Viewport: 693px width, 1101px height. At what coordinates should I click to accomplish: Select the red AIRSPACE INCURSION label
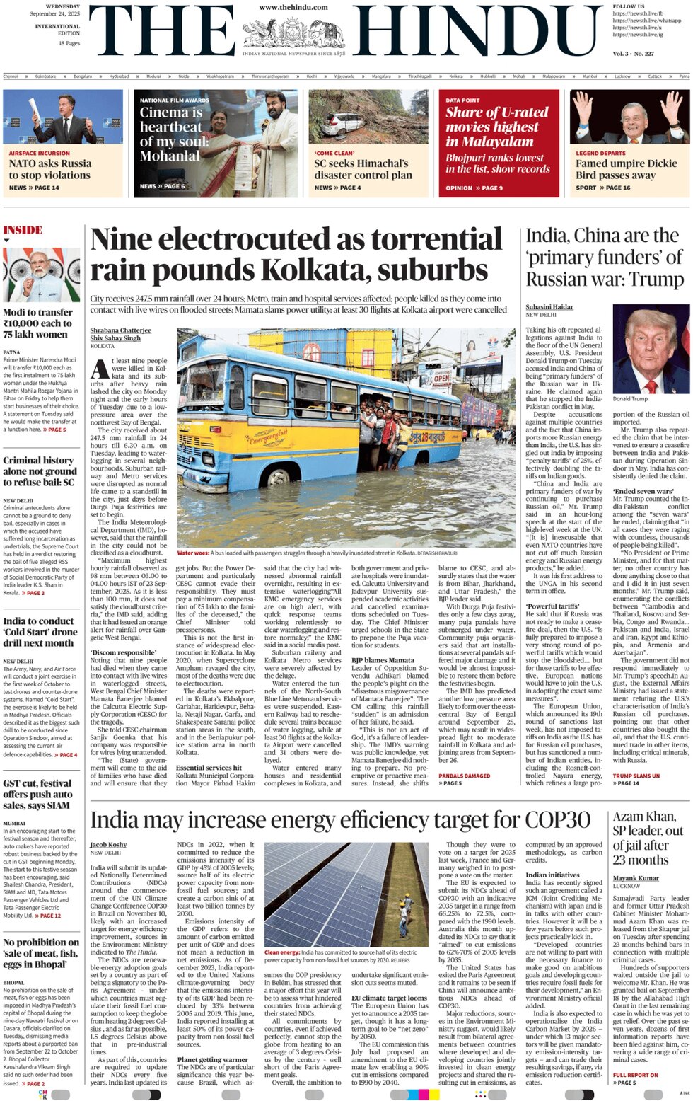pos(40,153)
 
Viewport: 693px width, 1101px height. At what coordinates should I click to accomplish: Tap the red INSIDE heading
pos(23,230)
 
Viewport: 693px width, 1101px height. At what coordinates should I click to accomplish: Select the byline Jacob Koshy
pos(108,845)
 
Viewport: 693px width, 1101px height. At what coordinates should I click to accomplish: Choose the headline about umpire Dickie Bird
pos(615,169)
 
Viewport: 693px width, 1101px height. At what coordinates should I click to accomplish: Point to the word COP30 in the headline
pos(556,821)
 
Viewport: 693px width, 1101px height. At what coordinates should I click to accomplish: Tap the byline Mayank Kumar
pos(636,878)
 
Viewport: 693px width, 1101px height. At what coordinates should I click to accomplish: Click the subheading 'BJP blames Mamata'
pos(383,660)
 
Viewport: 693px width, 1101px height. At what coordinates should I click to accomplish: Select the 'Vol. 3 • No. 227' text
pos(633,54)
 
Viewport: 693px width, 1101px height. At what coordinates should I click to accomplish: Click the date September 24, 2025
pos(54,13)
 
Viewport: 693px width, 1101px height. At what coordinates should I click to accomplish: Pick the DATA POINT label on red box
pos(462,100)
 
